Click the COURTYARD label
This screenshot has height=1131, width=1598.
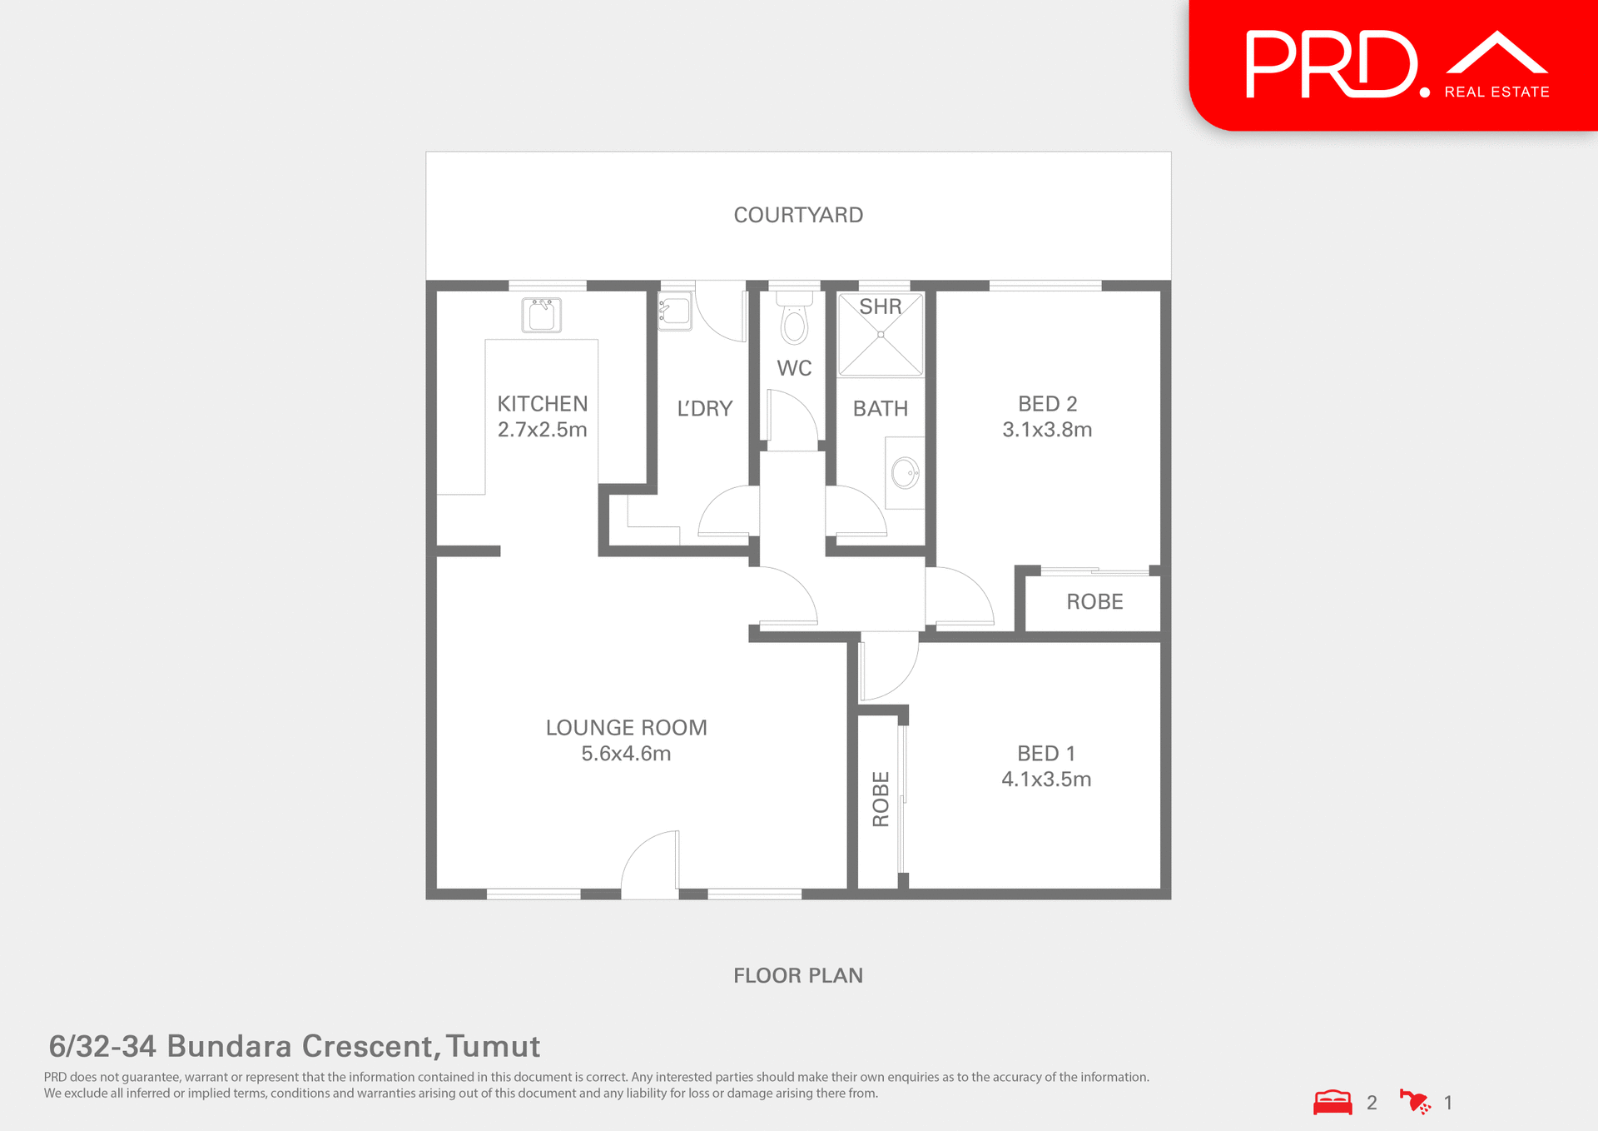(x=798, y=215)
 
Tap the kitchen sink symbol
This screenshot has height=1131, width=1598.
(x=542, y=315)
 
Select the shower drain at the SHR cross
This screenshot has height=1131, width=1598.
(x=881, y=335)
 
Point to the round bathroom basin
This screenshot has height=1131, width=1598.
(x=905, y=473)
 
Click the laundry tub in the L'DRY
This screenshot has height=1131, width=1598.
(x=675, y=311)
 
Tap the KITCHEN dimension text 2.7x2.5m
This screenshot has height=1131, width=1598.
(x=542, y=430)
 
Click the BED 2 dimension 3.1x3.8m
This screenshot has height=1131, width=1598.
(x=1047, y=430)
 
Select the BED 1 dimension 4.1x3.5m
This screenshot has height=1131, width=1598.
(x=1046, y=780)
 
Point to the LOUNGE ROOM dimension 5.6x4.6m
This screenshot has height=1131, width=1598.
(x=626, y=754)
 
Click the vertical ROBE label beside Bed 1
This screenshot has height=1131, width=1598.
(x=881, y=799)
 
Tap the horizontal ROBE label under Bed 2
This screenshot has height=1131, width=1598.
(x=1094, y=601)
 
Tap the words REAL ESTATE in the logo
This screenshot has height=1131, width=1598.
(x=1496, y=92)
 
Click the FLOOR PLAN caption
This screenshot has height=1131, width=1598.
(x=798, y=975)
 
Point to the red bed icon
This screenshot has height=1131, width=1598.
(x=1332, y=1103)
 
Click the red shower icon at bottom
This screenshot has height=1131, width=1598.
(x=1415, y=1102)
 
